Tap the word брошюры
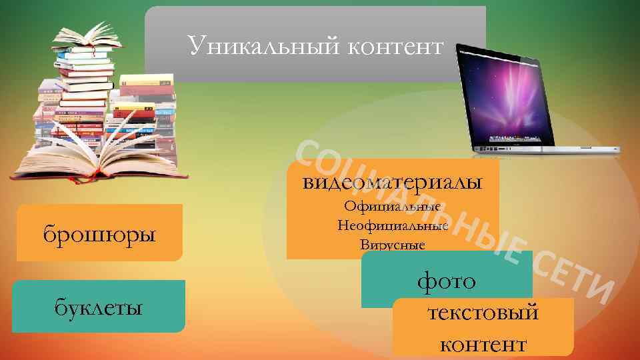(x=99, y=235)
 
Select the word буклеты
(x=98, y=308)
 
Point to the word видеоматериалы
(x=392, y=181)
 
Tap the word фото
(x=447, y=281)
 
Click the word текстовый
(x=483, y=312)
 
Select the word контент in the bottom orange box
(x=483, y=344)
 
